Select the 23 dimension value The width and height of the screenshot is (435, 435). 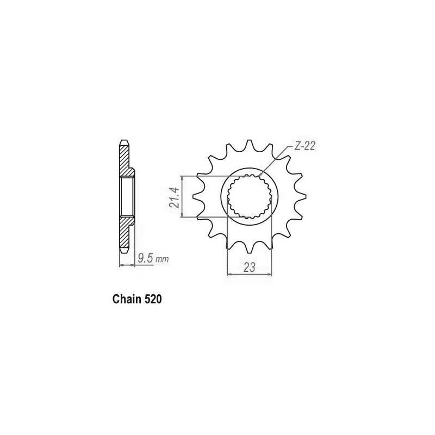[250, 267]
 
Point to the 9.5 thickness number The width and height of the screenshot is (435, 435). [145, 259]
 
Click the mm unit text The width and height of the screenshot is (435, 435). [162, 259]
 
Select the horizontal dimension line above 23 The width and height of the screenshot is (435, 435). [250, 275]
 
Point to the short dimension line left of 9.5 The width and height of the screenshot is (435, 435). [126, 265]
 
